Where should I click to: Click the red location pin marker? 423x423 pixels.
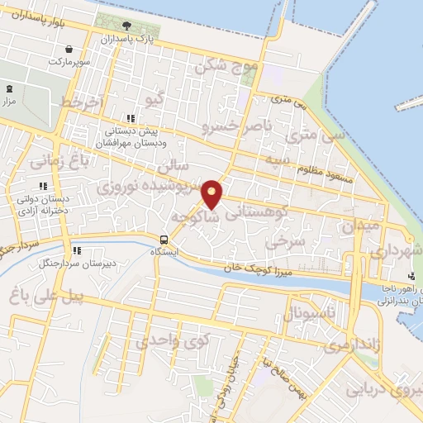coord(212,193)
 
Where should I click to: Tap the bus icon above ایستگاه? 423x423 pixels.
coord(164,241)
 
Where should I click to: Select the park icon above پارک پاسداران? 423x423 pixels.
coord(126,26)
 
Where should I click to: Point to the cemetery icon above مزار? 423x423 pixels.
coord(9,88)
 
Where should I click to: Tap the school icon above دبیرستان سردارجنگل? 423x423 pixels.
coord(76,250)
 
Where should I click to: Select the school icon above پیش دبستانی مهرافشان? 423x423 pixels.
coord(130,118)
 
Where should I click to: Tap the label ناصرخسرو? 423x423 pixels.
coord(231,126)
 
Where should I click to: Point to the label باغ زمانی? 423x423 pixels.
coord(55,159)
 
